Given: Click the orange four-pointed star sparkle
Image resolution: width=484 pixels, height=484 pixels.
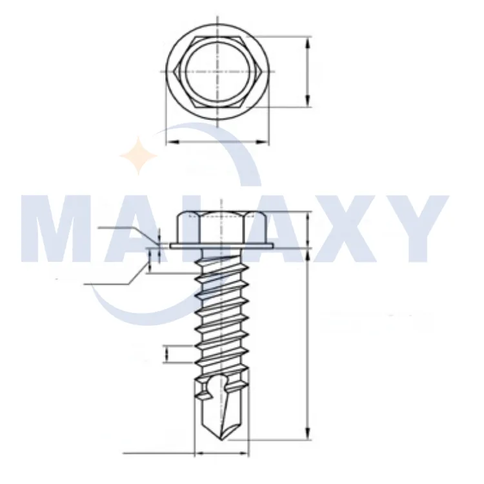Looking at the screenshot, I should click(x=139, y=156).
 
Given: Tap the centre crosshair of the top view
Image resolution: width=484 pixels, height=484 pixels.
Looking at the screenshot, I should click(x=217, y=70).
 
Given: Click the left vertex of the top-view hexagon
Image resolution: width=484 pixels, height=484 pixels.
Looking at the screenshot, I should click(x=171, y=70).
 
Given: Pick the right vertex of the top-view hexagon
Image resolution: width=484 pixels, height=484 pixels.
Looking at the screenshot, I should click(x=263, y=70).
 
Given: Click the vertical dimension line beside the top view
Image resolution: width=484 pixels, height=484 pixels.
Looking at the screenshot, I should click(x=308, y=71).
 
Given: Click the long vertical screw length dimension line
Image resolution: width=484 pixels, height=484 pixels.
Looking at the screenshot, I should click(x=308, y=342).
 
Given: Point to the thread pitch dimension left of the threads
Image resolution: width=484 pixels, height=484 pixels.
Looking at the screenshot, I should click(x=168, y=353).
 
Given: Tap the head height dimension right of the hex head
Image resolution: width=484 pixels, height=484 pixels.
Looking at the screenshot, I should click(x=308, y=230).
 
